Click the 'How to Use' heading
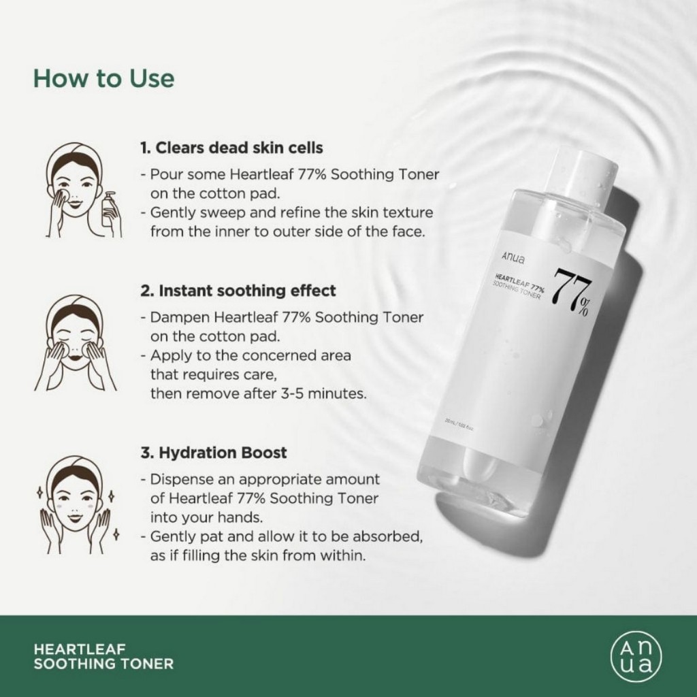coord(103,78)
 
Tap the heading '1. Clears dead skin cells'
coord(231,148)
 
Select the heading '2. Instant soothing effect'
coord(238,291)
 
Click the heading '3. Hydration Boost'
coord(214,453)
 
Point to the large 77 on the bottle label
coord(570,287)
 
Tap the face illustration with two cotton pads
coord(75,344)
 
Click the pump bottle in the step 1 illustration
coord(110,214)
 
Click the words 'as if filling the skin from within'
coord(258,555)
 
